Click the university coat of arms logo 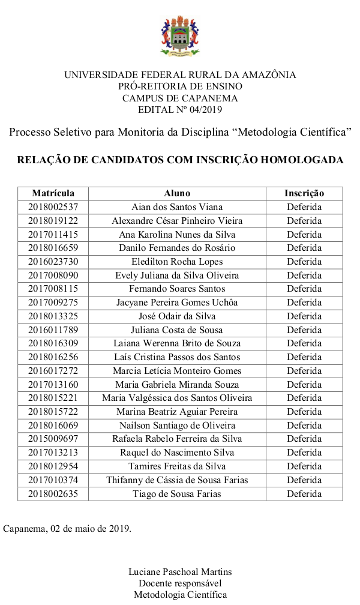coord(179,36)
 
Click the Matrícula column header coord(53,193)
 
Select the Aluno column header coord(177,193)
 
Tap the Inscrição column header coord(304,193)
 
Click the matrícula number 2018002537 coord(53,207)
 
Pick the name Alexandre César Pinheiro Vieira coord(177,221)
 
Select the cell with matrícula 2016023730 coord(53,262)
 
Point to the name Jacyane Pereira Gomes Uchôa coord(177,302)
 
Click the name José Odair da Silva coord(177,316)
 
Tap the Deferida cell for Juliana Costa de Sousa coord(304,330)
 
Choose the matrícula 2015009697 coord(53,439)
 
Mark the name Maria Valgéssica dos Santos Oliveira coord(177,398)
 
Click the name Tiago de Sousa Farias coord(177,494)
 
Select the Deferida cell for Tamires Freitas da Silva coord(304,466)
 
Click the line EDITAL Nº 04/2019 coord(180,110)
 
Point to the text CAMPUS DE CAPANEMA coord(180,98)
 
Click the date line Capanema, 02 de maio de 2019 coord(67,529)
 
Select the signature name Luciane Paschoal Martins coord(180,571)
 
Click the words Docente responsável coord(180,583)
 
